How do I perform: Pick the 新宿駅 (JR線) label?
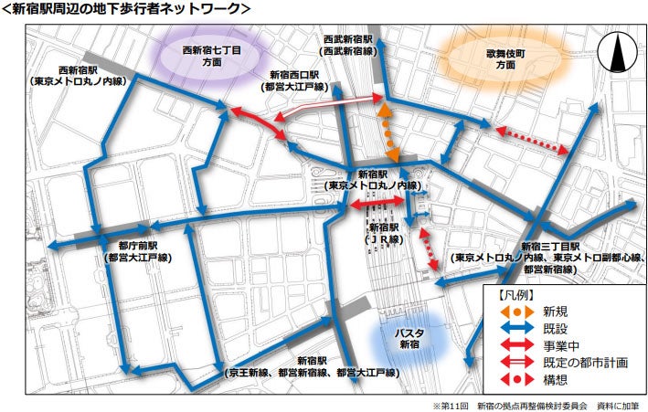tap(378, 232)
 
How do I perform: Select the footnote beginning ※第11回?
tap(537, 404)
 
